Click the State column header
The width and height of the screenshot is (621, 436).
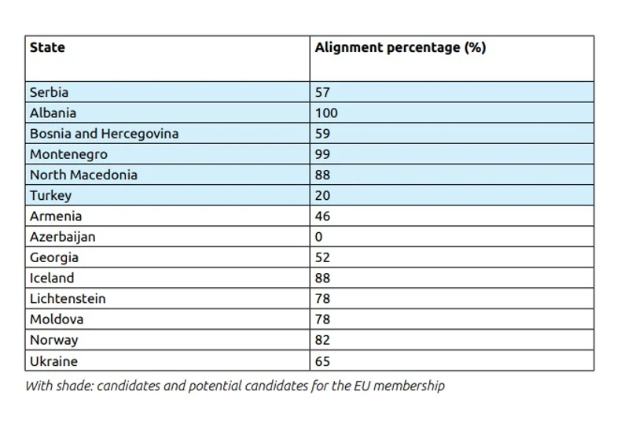47,47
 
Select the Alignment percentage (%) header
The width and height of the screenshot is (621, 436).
400,47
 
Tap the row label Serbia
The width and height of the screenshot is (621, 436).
49,92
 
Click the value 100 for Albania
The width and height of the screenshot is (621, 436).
325,113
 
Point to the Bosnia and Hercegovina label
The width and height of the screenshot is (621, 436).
104,134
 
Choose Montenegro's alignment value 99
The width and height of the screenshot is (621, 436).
322,154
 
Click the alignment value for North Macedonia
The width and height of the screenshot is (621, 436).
322,175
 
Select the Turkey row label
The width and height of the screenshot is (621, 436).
50,195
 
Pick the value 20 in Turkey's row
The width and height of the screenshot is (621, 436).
322,195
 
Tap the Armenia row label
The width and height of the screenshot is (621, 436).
55,216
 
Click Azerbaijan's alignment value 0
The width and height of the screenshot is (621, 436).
318,236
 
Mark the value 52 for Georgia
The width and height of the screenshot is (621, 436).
322,257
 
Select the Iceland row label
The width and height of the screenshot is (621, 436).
52,278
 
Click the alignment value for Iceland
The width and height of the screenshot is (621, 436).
322,278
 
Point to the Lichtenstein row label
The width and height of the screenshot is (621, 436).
68,298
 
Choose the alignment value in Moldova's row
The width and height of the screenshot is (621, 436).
322,319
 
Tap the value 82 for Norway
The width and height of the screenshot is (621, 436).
322,340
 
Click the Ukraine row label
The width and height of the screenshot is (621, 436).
53,361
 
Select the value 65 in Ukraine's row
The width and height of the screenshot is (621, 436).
322,361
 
